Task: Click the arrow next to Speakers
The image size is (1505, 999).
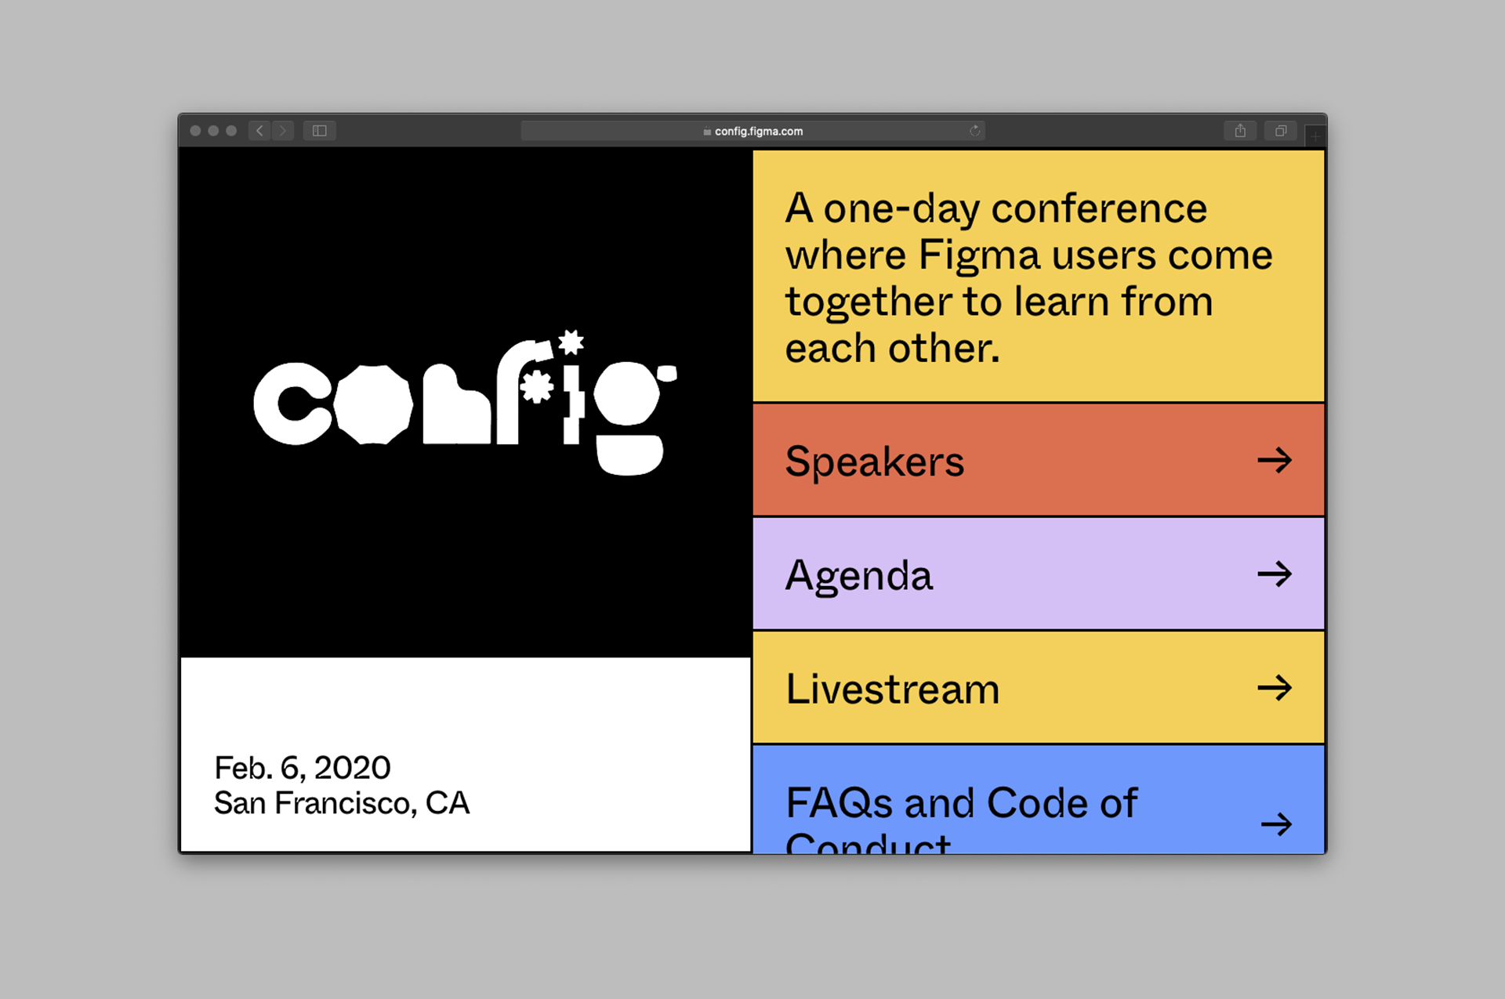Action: (x=1275, y=460)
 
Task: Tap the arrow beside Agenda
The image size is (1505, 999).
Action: (x=1275, y=574)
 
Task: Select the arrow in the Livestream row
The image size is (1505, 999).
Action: (x=1275, y=688)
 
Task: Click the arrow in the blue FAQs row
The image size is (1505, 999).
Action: (x=1277, y=824)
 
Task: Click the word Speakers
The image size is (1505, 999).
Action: (x=874, y=461)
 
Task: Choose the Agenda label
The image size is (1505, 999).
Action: (x=859, y=577)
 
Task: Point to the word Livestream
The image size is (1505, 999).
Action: (x=893, y=690)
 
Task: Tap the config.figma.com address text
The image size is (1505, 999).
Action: (x=758, y=132)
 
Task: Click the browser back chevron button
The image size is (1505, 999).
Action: (x=259, y=131)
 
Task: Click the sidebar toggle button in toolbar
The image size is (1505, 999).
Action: (x=319, y=131)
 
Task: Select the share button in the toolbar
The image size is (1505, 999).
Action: (x=1240, y=131)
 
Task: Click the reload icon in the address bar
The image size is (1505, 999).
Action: (x=975, y=131)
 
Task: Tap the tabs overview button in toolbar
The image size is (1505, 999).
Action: (x=1281, y=131)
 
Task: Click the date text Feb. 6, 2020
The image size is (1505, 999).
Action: (x=303, y=769)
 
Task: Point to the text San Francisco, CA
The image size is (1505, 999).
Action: (x=342, y=803)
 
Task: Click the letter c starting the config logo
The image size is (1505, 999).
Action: (x=292, y=404)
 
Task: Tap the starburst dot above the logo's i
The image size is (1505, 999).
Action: (x=571, y=342)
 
